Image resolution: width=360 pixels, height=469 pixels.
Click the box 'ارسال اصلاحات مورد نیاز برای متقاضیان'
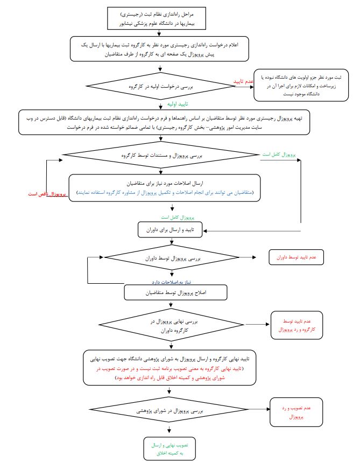point(165,187)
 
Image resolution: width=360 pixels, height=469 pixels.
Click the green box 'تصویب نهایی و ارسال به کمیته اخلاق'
point(170,449)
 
